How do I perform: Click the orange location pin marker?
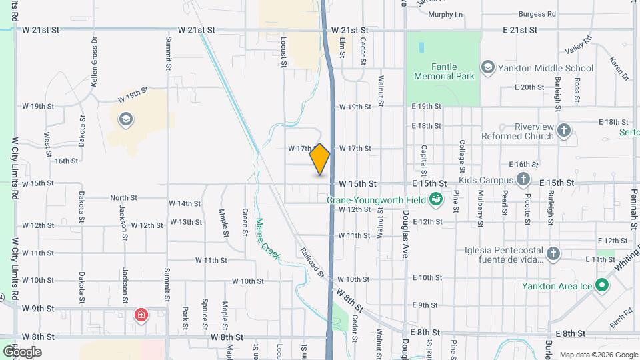pos(320,159)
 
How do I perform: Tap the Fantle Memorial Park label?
pos(444,71)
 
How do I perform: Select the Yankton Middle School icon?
pos(488,67)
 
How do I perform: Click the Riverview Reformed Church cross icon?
pos(564,130)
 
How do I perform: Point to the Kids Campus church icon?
pos(523,180)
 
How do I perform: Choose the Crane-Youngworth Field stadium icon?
pos(435,199)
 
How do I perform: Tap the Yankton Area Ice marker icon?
pos(602,286)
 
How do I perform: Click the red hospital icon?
pos(141,315)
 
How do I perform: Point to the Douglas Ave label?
pos(405,234)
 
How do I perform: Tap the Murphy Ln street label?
pos(445,14)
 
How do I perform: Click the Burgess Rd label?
pos(538,13)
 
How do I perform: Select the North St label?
pos(123,198)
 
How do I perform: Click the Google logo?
pos(22,351)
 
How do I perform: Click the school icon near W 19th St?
pos(124,119)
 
